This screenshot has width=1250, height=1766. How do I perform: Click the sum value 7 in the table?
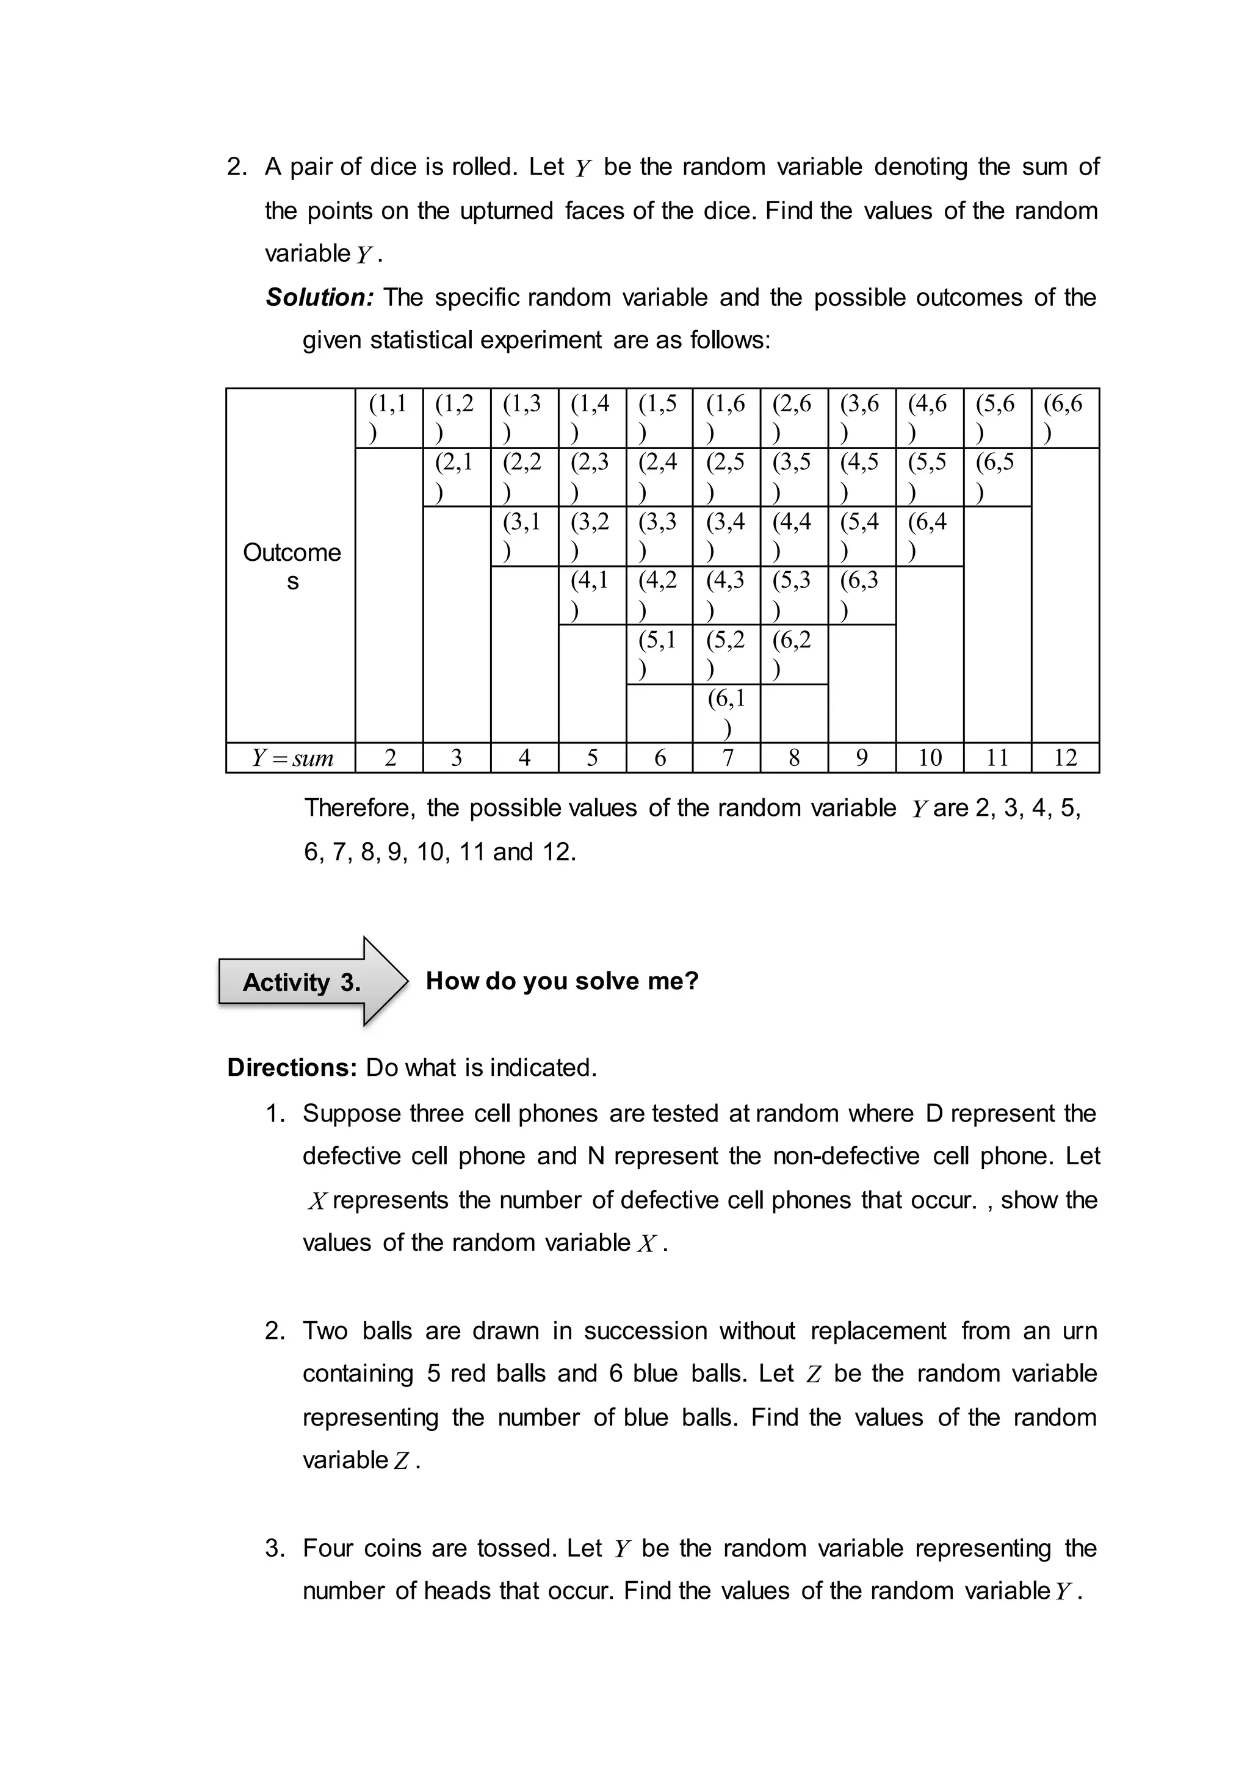point(726,758)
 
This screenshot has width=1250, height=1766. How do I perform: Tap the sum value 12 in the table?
point(1065,758)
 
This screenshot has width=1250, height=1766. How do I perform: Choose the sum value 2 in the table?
point(389,758)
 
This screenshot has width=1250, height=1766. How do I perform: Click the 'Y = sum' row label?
point(292,759)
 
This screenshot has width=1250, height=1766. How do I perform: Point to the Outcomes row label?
point(292,566)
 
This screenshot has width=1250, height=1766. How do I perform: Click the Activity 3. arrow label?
point(302,982)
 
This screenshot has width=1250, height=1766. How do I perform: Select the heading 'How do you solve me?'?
point(562,981)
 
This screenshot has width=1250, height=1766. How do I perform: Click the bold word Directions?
point(292,1067)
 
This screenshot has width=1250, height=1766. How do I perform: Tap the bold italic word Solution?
point(319,297)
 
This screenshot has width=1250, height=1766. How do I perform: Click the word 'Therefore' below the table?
point(359,807)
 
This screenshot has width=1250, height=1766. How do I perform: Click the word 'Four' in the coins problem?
point(327,1548)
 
